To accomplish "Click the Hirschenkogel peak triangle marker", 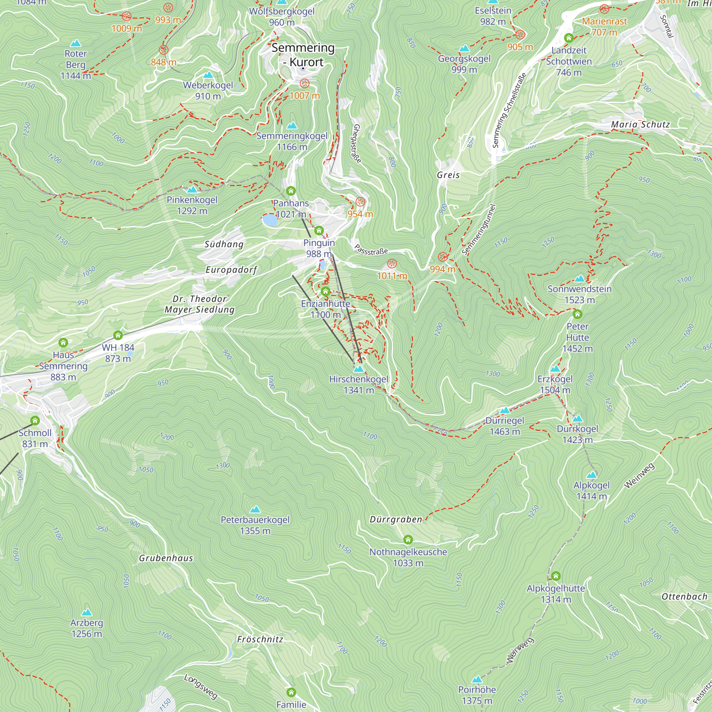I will [x=358, y=369].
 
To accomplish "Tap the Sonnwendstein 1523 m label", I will [x=579, y=294].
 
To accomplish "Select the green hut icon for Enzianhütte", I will [x=325, y=292].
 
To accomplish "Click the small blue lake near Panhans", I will [x=270, y=220].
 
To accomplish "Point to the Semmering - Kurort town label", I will [x=303, y=54].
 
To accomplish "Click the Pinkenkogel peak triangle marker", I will [x=192, y=190].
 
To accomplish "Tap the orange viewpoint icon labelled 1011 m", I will [x=392, y=264].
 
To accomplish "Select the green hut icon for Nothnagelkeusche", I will [x=408, y=540].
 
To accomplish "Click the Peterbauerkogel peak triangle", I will [x=255, y=510].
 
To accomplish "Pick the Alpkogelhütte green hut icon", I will [x=556, y=576].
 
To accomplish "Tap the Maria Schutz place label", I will [x=640, y=125].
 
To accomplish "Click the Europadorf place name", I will [x=231, y=270].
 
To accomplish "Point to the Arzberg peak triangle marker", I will [x=87, y=612].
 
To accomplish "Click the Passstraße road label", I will [x=371, y=250].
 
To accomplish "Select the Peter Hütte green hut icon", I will [x=577, y=314].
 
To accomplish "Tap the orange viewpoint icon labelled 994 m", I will [x=443, y=257].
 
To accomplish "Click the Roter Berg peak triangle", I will [x=75, y=43].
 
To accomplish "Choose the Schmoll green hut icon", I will [x=35, y=420].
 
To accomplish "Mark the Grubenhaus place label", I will [x=166, y=558].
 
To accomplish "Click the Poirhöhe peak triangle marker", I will [x=477, y=679].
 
